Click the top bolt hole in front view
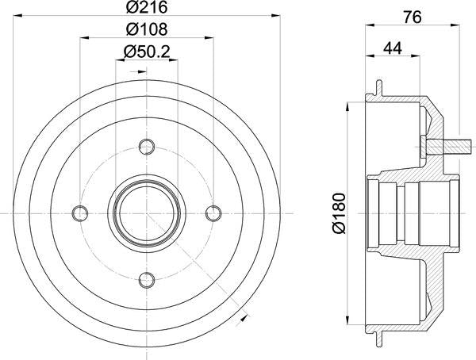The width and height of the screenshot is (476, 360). tap(146, 146)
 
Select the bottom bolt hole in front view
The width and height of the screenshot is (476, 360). tap(146, 279)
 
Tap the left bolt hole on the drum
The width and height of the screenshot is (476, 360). tap(79, 213)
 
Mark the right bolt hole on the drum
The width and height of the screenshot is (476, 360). tap(213, 213)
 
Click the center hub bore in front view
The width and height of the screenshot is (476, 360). tap(146, 213)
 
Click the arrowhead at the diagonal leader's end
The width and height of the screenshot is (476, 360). tap(243, 319)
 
